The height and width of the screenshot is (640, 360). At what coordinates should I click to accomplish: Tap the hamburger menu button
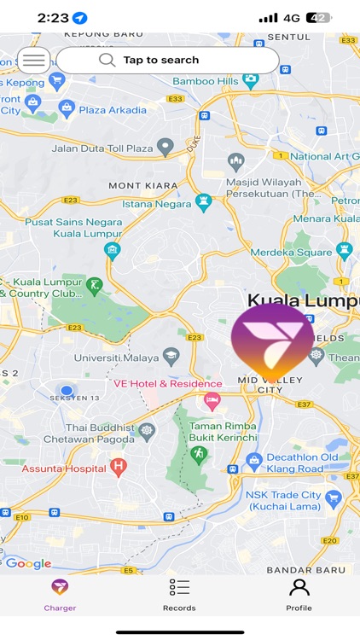(x=33, y=61)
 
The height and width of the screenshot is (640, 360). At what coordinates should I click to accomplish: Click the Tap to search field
(x=167, y=61)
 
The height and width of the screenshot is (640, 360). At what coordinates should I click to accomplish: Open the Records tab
(x=179, y=594)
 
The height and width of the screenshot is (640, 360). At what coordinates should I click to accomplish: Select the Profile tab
(x=299, y=594)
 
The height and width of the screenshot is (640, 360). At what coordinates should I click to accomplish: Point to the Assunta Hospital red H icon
(x=119, y=467)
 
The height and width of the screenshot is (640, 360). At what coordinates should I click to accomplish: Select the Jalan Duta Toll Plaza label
(x=102, y=148)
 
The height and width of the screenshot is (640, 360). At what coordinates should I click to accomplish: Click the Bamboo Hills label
(x=205, y=81)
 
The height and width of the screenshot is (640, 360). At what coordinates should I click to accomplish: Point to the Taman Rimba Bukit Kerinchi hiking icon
(x=200, y=454)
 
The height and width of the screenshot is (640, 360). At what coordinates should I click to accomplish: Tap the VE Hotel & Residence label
(x=155, y=384)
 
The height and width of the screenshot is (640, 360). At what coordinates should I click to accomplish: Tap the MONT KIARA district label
(x=142, y=185)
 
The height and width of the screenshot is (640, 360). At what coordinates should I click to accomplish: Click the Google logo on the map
(x=28, y=564)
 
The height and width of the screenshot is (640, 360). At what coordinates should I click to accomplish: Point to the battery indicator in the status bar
(x=318, y=17)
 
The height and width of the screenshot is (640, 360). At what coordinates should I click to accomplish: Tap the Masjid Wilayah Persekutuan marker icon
(x=235, y=161)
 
